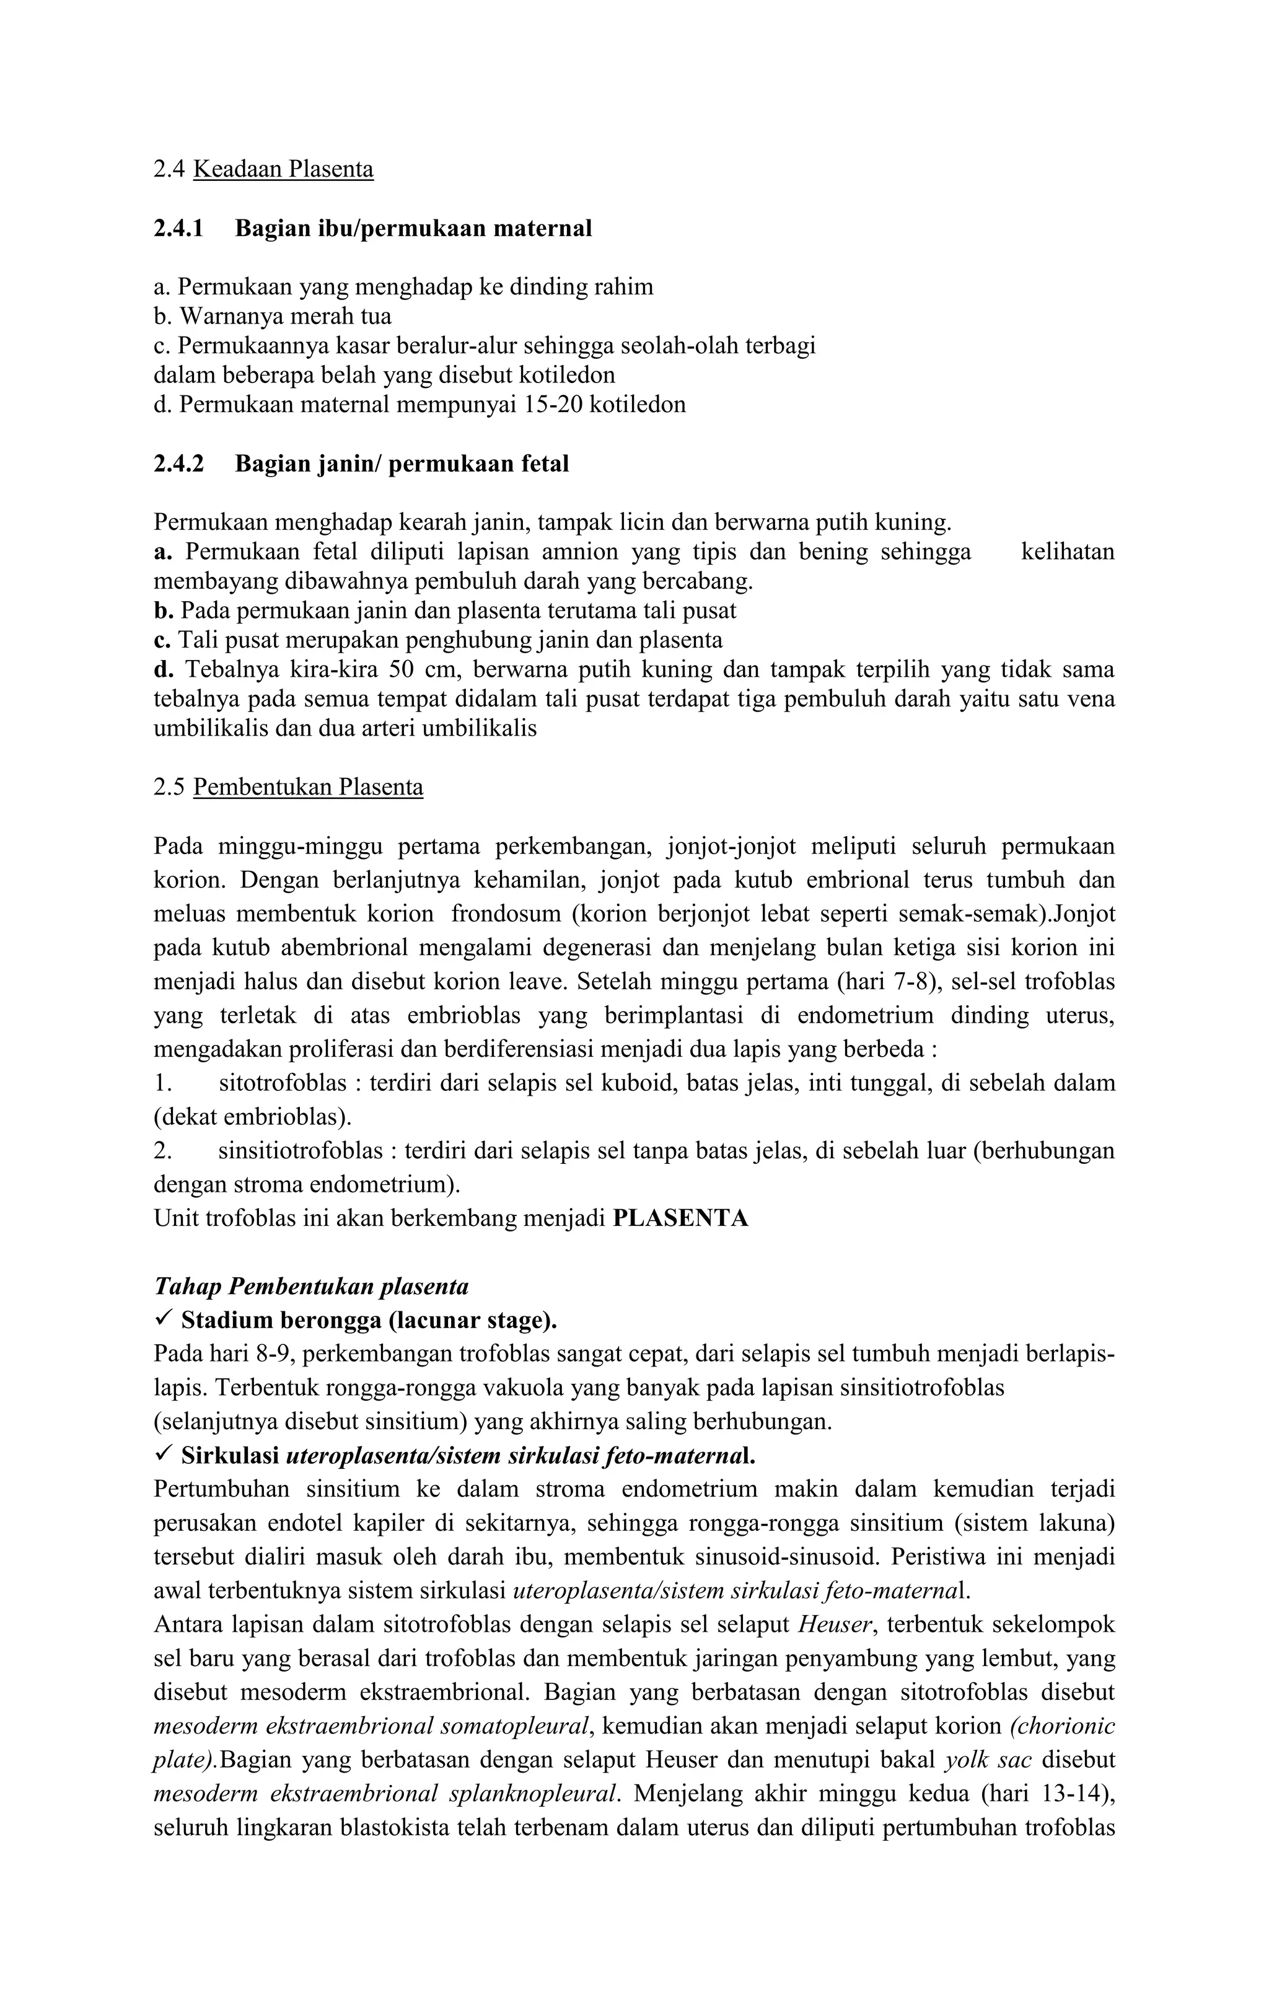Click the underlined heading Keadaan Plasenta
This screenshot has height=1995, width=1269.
click(x=283, y=169)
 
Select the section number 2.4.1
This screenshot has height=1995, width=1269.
click(x=178, y=228)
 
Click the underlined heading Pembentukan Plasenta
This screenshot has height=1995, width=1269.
click(x=307, y=786)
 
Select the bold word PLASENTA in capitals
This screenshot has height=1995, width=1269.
click(x=680, y=1218)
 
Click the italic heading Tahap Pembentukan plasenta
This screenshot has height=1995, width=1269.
click(x=312, y=1286)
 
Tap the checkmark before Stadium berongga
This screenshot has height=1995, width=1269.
click(x=163, y=1318)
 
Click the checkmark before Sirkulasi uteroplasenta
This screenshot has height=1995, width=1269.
click(x=163, y=1454)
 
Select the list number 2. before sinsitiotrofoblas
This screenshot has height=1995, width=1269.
click(x=162, y=1151)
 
